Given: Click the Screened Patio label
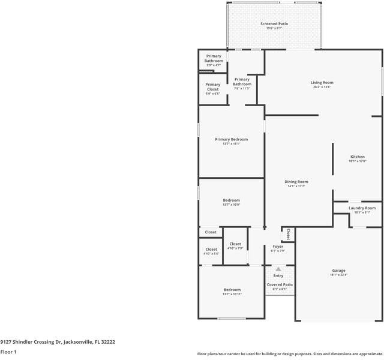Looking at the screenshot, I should click(x=274, y=24).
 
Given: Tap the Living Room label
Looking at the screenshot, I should click(x=322, y=83).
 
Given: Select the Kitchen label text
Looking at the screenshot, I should click(x=357, y=157).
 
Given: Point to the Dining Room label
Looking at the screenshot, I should click(x=296, y=182).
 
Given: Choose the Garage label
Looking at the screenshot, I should click(x=338, y=271).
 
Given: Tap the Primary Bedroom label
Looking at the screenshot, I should click(x=231, y=139).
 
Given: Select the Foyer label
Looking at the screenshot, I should click(x=278, y=246).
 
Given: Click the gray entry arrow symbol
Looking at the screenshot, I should click(x=278, y=269).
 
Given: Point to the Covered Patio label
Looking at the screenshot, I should click(x=280, y=284).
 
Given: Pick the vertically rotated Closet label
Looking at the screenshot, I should click(x=289, y=234).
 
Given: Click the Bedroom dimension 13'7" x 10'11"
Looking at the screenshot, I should click(x=232, y=294).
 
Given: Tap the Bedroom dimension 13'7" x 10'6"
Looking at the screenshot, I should click(x=231, y=205).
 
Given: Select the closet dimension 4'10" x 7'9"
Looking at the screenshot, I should click(x=235, y=248).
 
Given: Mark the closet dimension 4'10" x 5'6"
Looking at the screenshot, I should click(x=211, y=254).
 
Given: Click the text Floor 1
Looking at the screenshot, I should click(x=8, y=352).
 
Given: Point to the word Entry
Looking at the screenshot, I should click(x=278, y=275).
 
